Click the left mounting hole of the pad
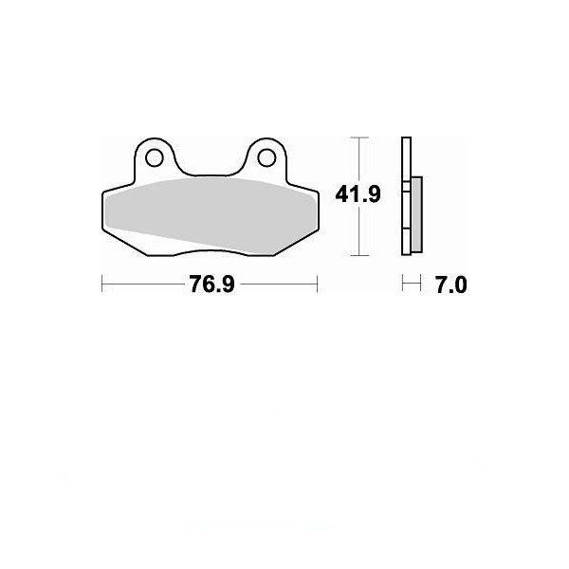154,157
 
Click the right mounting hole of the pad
266,157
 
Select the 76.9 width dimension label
211,284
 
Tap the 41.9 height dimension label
358,194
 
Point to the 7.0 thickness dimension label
451,284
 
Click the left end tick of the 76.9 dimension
102,284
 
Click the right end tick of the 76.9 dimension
318,284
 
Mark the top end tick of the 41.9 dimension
359,138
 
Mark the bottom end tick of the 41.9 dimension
359,255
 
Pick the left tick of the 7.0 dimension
403,283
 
